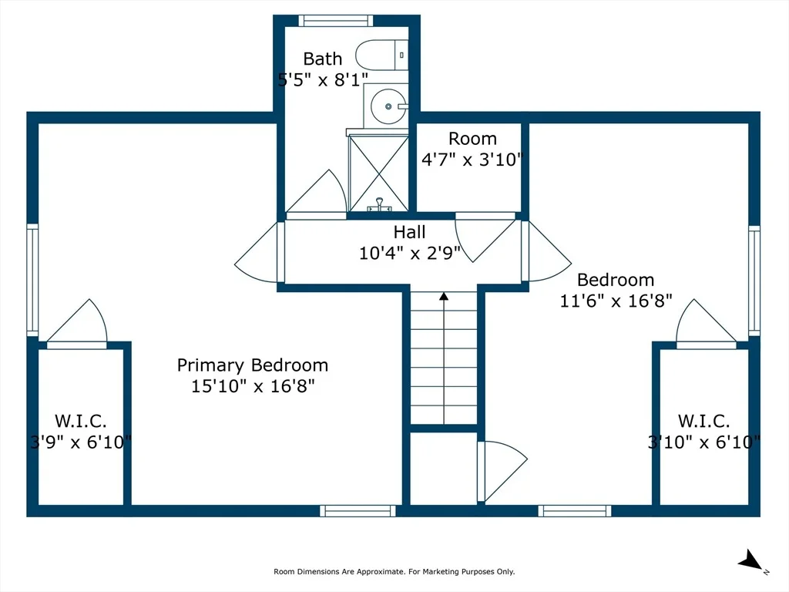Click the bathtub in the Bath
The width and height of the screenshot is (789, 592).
click(382, 55)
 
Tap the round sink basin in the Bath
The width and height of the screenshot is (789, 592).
click(388, 106)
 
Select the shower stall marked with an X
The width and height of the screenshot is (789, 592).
click(378, 173)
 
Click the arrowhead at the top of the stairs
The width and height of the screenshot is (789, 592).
click(444, 297)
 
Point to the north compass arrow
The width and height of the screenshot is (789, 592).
click(750, 560)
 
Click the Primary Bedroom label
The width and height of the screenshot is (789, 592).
click(253, 365)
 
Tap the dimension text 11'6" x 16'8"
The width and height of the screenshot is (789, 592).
click(616, 301)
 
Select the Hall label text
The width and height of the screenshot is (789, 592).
click(410, 232)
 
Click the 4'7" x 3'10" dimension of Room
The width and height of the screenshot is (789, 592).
click(472, 160)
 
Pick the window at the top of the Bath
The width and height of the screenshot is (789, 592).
click(336, 21)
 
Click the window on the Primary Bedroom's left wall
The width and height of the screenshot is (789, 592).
click(32, 280)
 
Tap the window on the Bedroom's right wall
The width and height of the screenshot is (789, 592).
click(754, 281)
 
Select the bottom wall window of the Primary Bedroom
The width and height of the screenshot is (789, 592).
click(358, 510)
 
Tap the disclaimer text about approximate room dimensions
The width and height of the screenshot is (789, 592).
click(394, 571)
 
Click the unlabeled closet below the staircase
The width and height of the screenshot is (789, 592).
click(443, 468)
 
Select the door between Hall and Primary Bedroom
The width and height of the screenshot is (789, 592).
click(260, 253)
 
